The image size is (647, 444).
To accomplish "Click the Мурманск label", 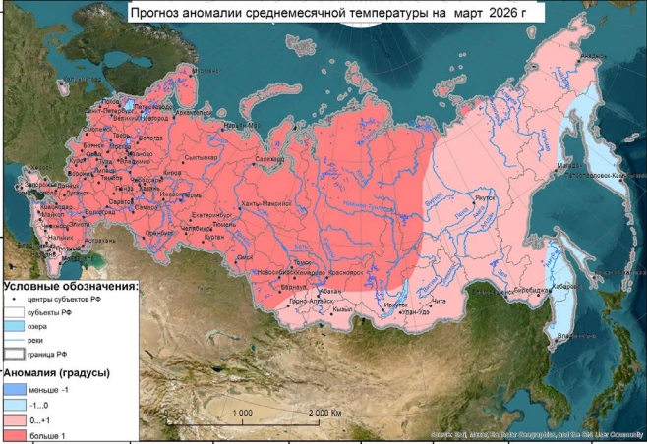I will [x=206, y=71].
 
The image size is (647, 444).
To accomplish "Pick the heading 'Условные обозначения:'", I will [x=70, y=286].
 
